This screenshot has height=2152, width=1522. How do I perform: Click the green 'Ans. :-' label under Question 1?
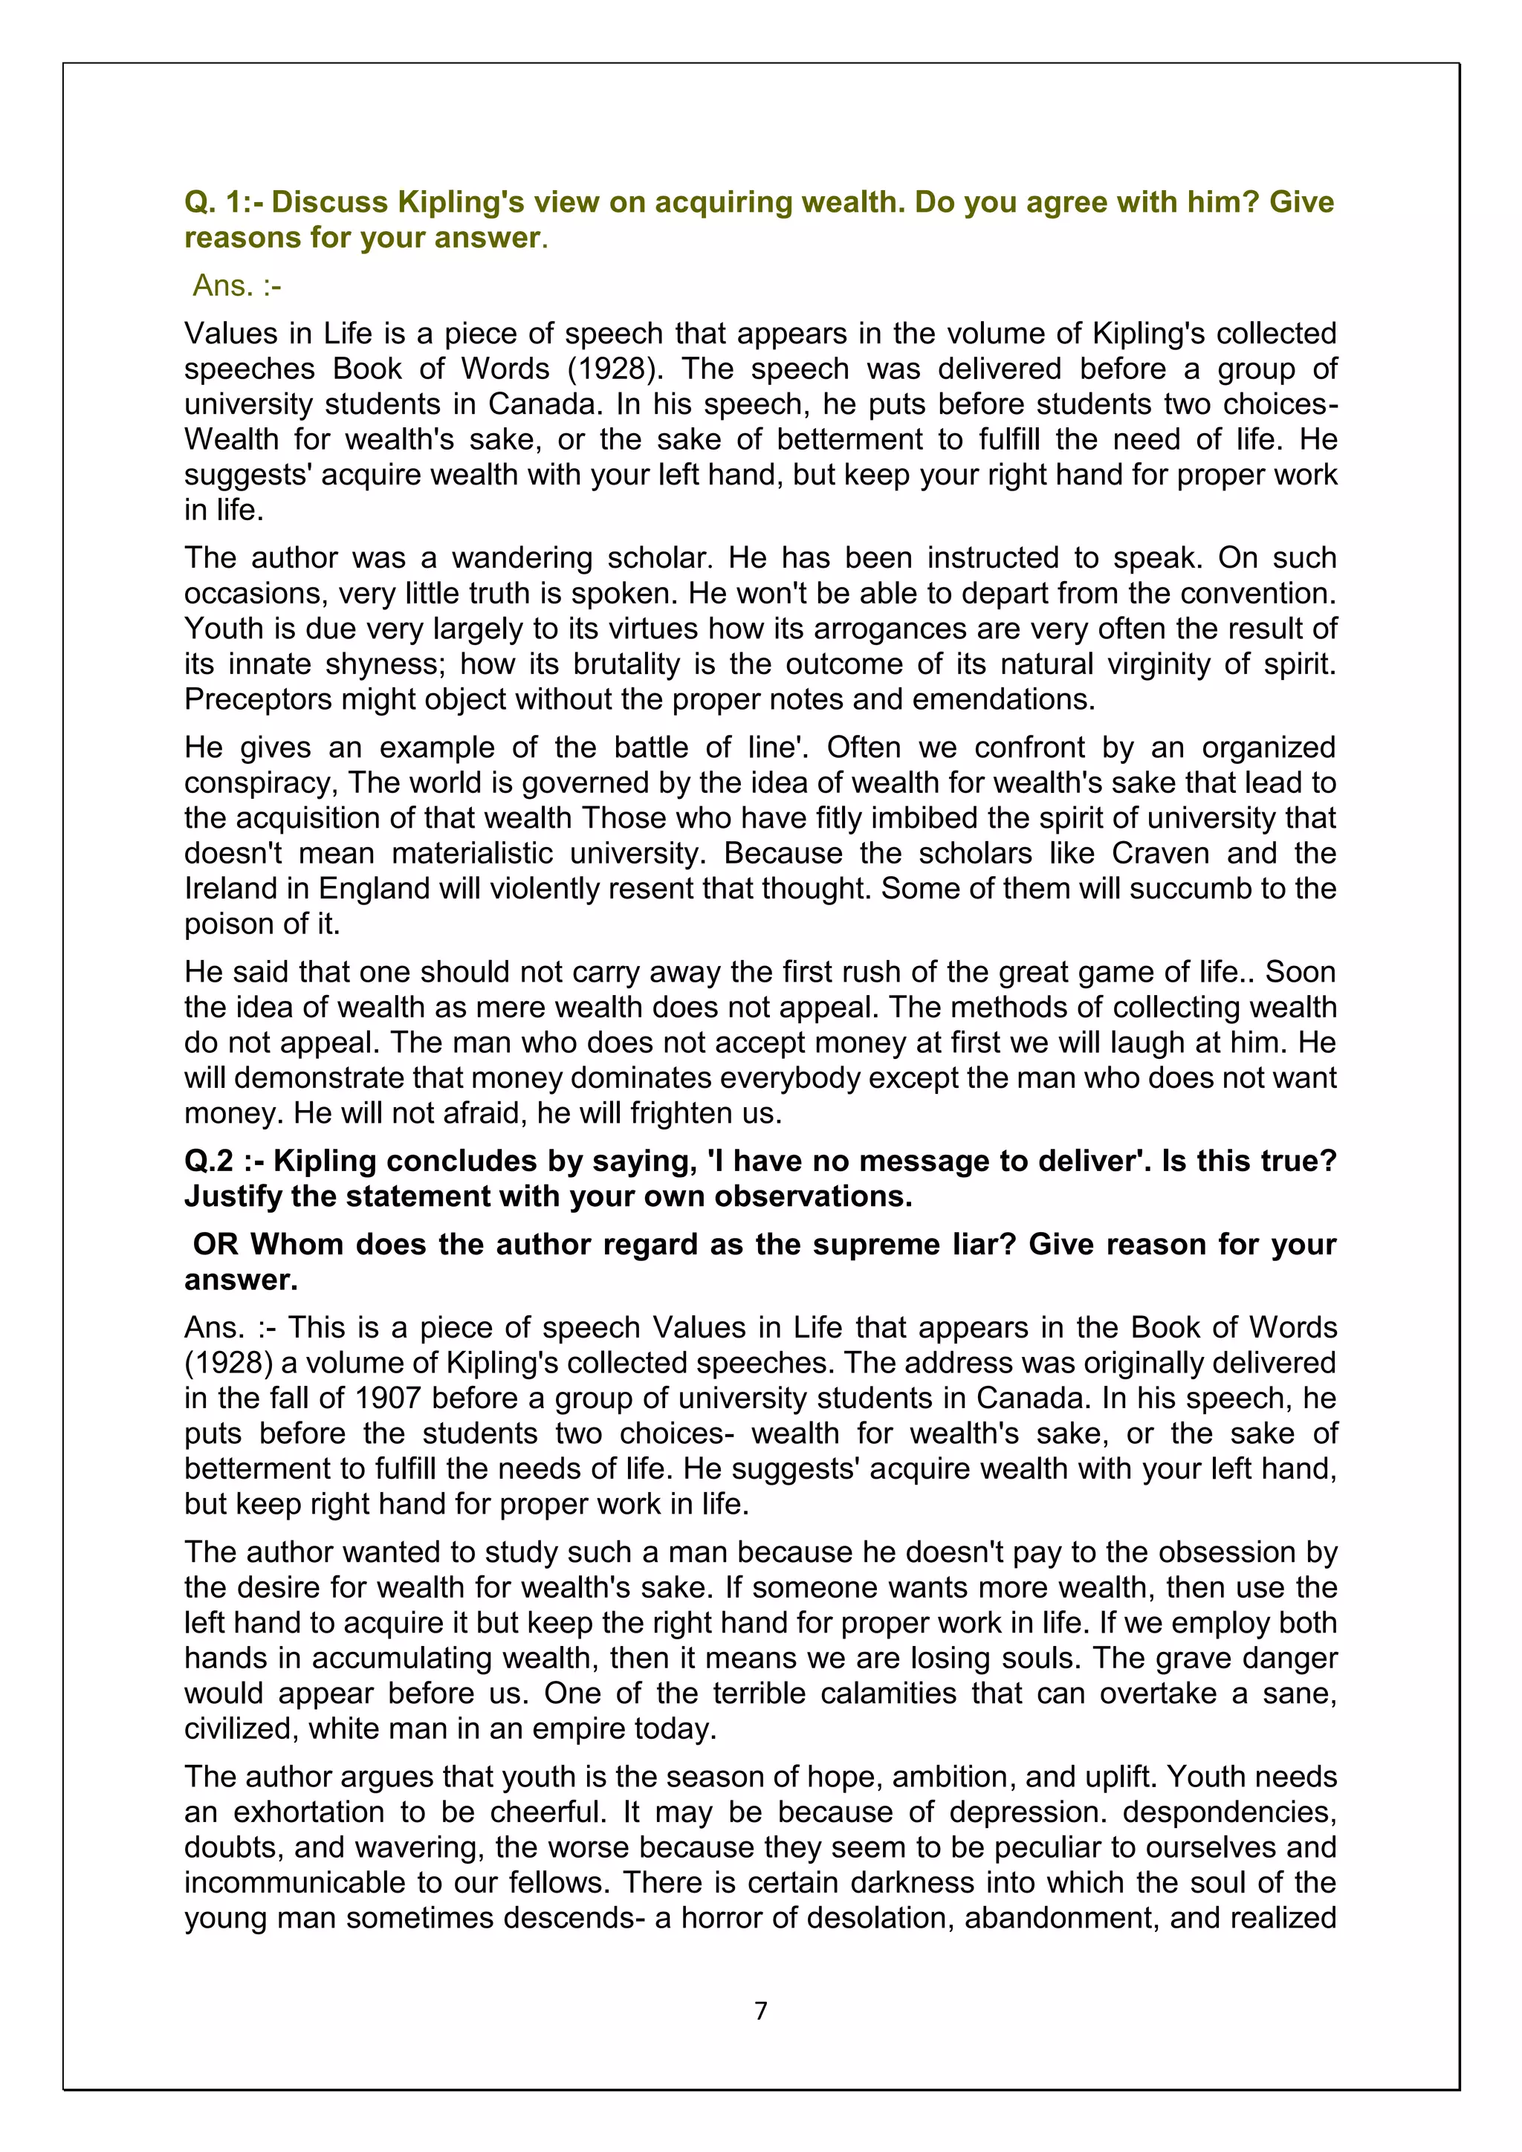click(x=236, y=285)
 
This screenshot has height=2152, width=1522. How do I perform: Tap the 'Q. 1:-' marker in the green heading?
click(x=223, y=201)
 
